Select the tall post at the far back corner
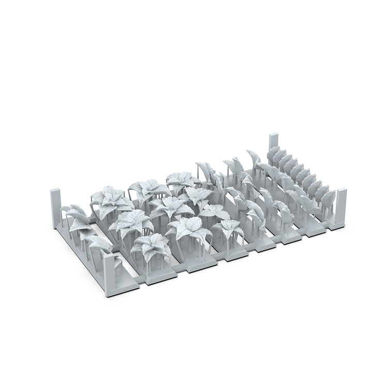273,146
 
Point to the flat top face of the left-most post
54,191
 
